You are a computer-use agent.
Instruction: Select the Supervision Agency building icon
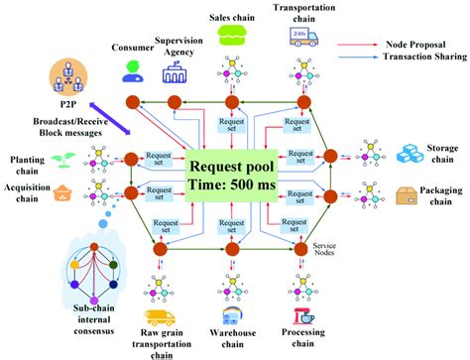pos(175,72)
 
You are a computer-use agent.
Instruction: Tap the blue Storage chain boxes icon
pos(411,153)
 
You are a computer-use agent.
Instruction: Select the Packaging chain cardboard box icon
pos(409,197)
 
